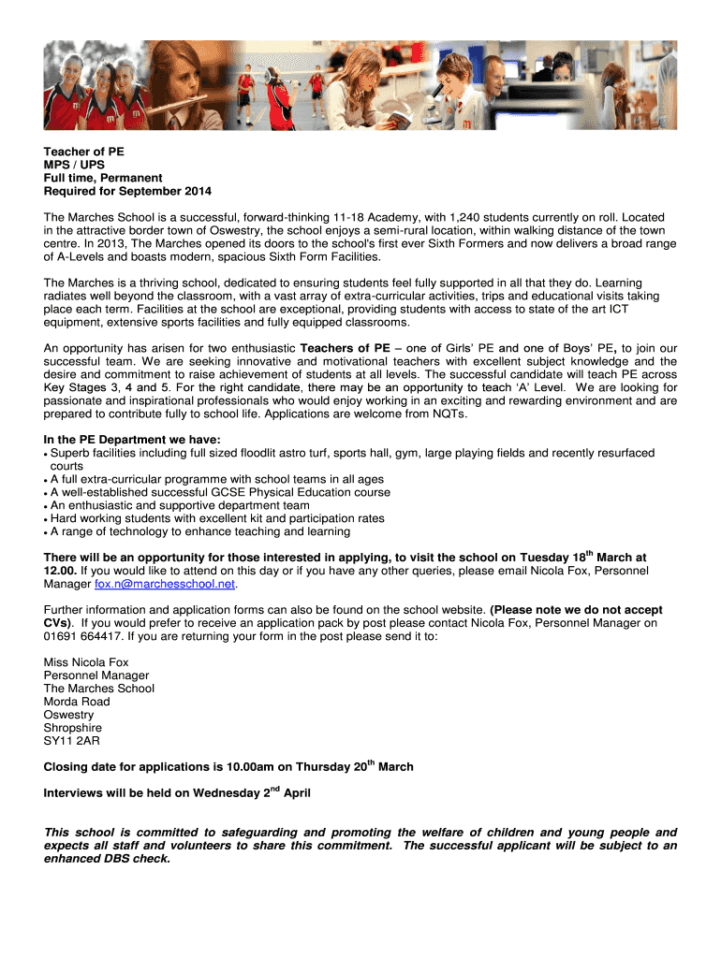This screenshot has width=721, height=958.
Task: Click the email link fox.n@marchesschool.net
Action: (x=165, y=584)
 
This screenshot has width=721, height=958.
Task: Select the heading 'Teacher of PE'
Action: (x=84, y=152)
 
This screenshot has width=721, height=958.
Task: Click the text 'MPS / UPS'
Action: (x=77, y=165)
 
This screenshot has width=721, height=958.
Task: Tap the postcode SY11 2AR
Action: (x=72, y=741)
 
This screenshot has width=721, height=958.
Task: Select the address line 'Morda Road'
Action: (x=77, y=702)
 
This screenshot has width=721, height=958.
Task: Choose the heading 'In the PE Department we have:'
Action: (x=133, y=440)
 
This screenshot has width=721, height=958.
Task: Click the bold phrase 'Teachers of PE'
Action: (x=345, y=348)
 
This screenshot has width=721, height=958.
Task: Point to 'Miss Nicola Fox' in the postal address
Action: (x=86, y=662)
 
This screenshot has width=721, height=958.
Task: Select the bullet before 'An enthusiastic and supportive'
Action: (x=46, y=506)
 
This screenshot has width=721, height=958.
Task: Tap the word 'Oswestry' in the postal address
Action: (x=68, y=715)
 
